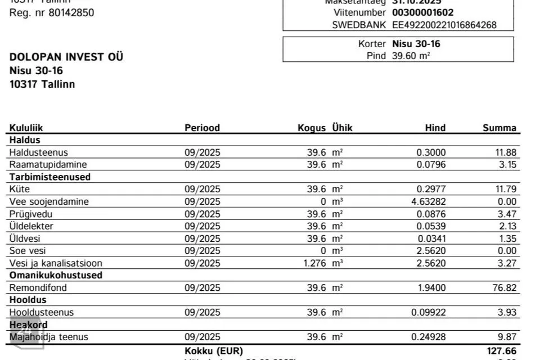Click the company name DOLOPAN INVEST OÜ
(66, 57)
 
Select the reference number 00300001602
(423, 12)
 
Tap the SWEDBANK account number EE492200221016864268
(444, 25)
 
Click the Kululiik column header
(26, 128)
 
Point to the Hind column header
(435, 128)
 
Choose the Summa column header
(499, 128)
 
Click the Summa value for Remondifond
(505, 288)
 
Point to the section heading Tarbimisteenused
(50, 177)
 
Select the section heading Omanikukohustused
(56, 276)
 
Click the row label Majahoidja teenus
(48, 337)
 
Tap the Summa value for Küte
(505, 189)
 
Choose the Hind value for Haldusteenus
(431, 152)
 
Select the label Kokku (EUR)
(214, 351)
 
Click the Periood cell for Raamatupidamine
(202, 165)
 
